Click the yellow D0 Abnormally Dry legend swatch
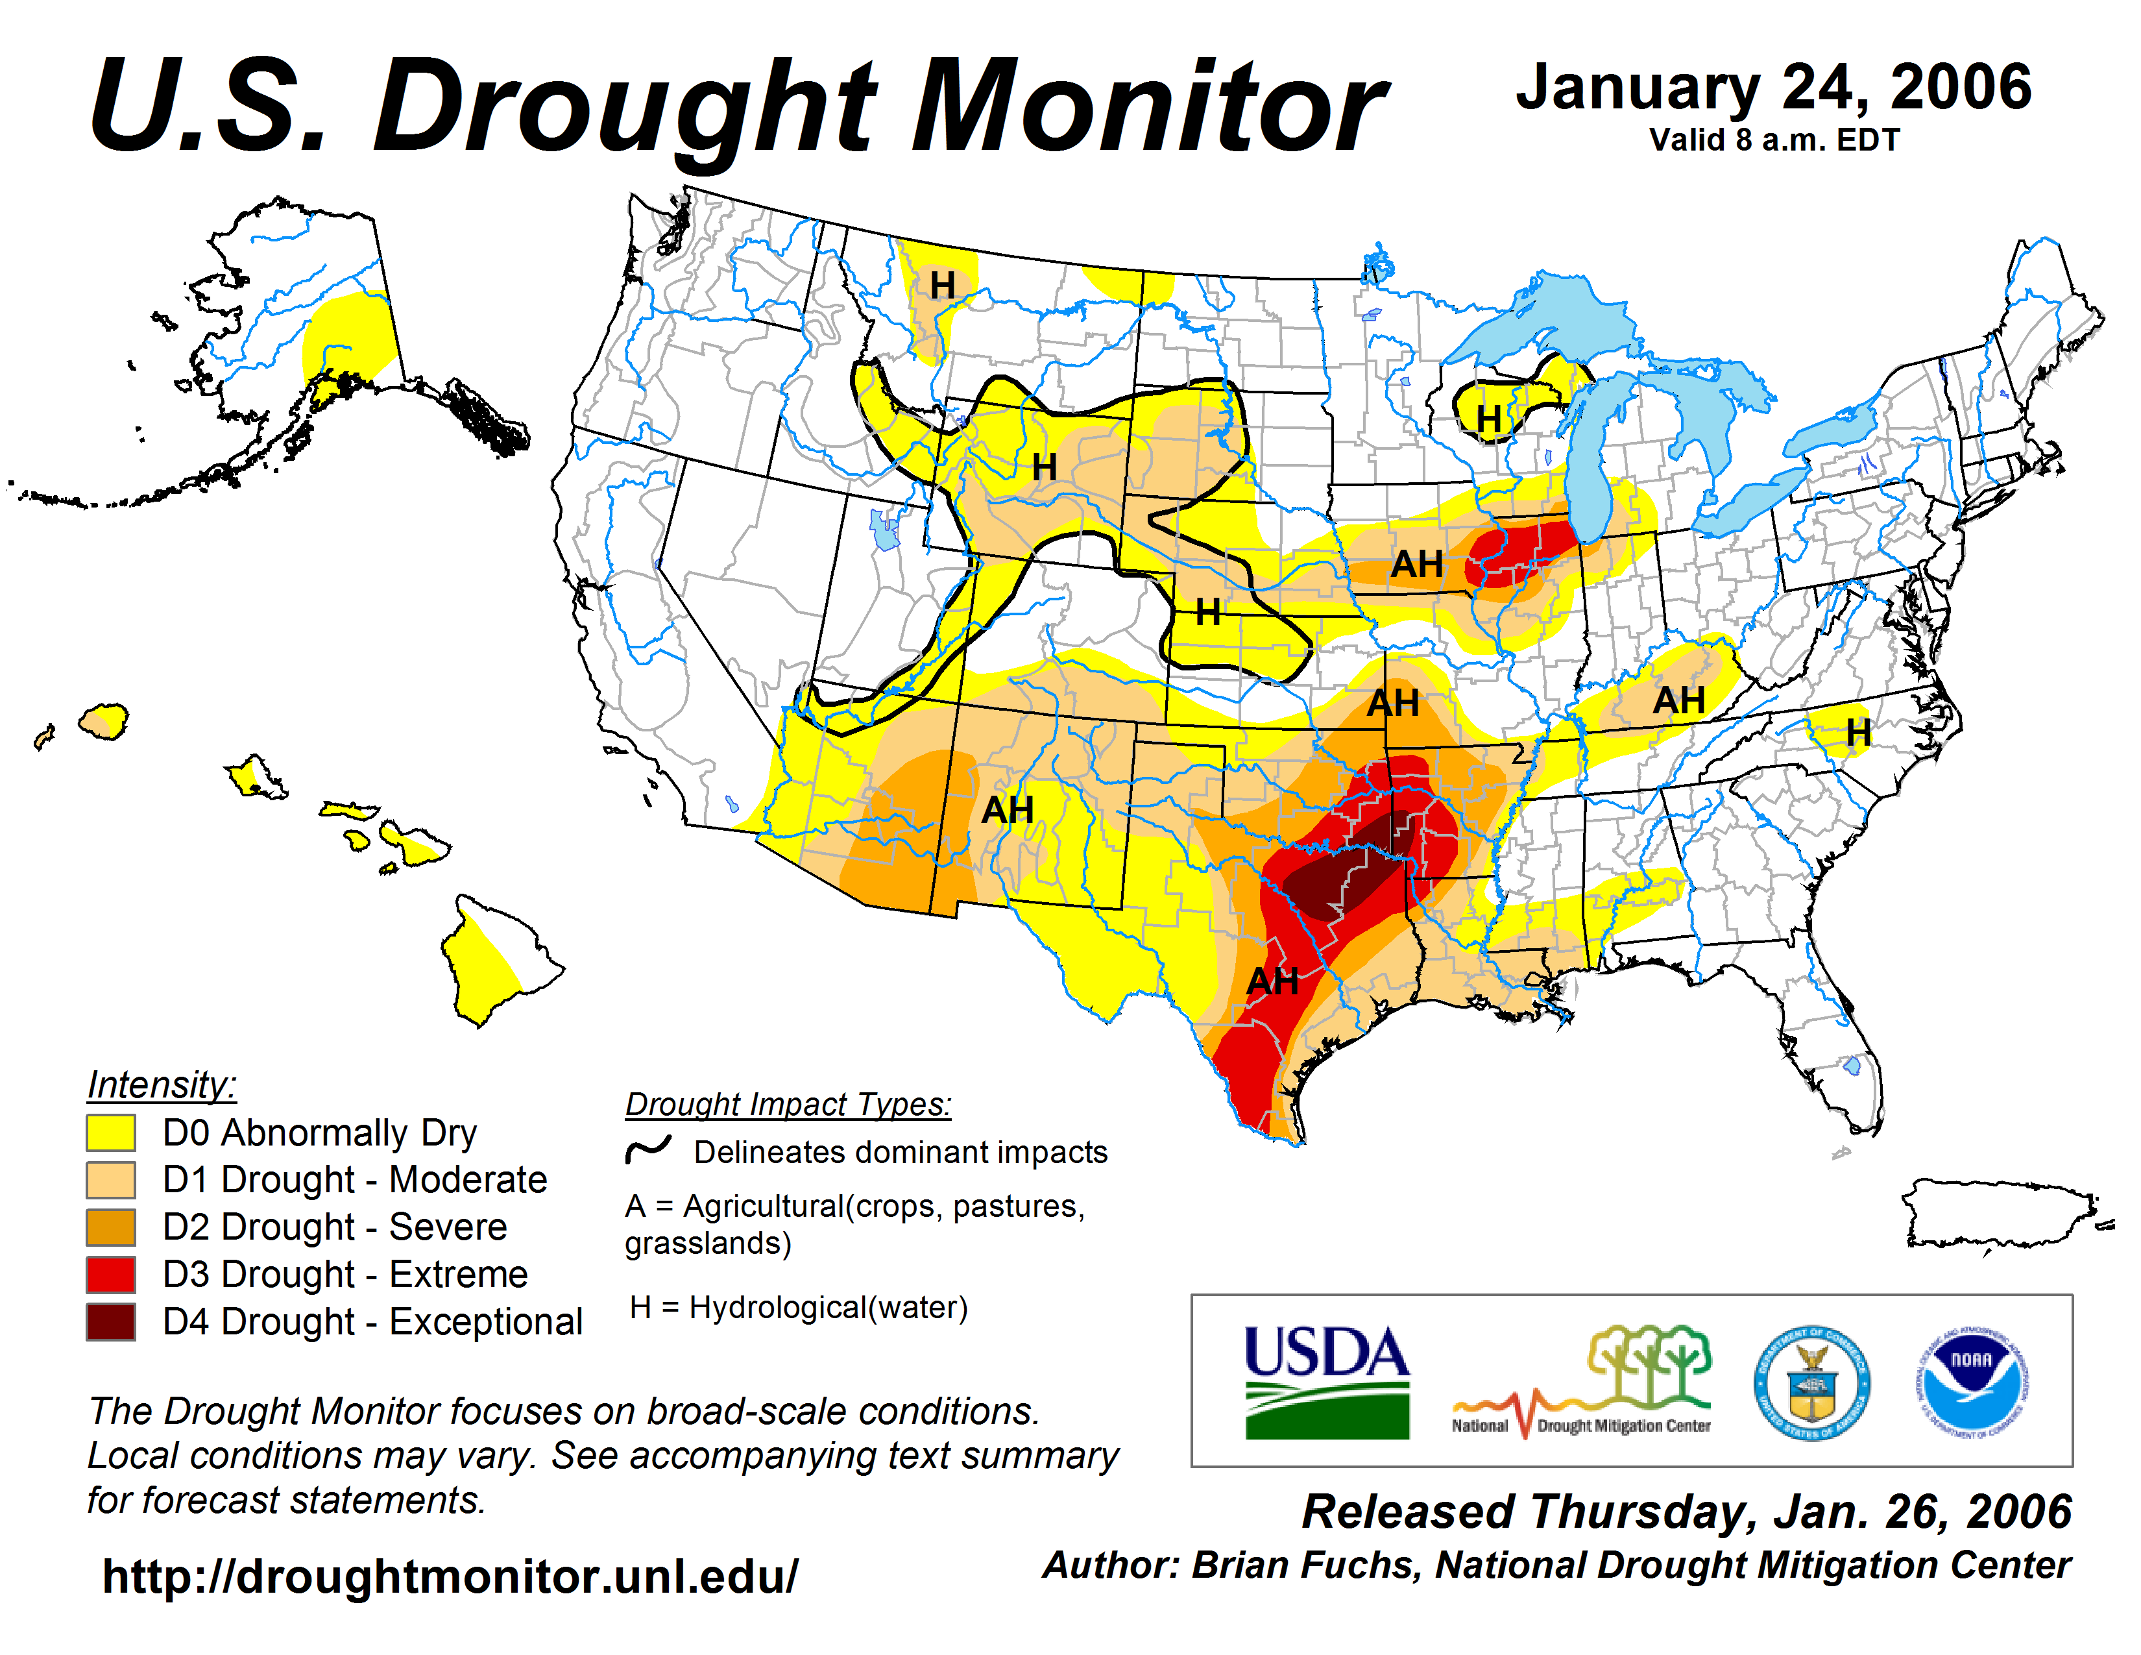pyautogui.click(x=111, y=1133)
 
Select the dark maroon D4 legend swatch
pyautogui.click(x=111, y=1321)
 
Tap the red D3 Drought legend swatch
pyautogui.click(x=111, y=1275)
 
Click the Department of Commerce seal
pyautogui.click(x=1811, y=1382)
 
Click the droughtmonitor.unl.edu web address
pyautogui.click(x=450, y=1576)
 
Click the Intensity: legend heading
pyautogui.click(x=162, y=1085)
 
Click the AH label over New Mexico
pyautogui.click(x=1008, y=810)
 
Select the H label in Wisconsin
pyautogui.click(x=1488, y=419)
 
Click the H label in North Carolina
pyautogui.click(x=1857, y=731)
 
